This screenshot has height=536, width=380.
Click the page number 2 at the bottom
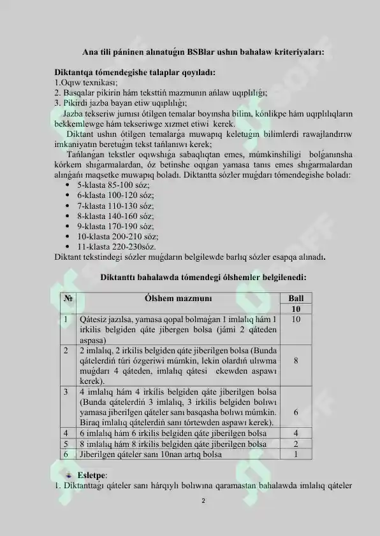pyautogui.click(x=203, y=501)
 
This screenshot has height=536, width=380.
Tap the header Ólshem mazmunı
pyautogui.click(x=179, y=298)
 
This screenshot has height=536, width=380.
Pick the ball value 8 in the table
pyautogui.click(x=296, y=360)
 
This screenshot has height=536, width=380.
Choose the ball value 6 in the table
pyautogui.click(x=296, y=412)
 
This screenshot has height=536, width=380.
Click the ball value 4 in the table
pyautogui.click(x=296, y=433)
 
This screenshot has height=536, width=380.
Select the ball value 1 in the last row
pyautogui.click(x=296, y=455)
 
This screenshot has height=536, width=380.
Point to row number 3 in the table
pyautogui.click(x=66, y=390)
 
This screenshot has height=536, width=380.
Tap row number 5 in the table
pyautogui.click(x=66, y=444)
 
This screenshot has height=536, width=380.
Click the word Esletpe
pyautogui.click(x=92, y=475)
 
